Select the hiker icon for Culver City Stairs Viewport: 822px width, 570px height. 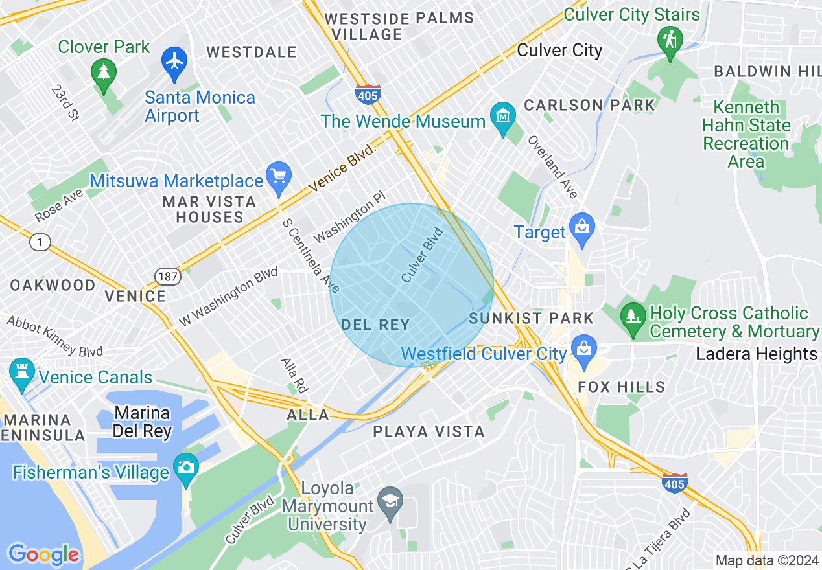(x=669, y=40)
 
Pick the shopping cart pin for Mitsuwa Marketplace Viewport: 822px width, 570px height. (x=279, y=177)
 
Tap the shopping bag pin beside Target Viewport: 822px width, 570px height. (x=581, y=229)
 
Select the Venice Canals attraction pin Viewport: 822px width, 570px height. (x=22, y=374)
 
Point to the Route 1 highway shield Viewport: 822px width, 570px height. (x=40, y=243)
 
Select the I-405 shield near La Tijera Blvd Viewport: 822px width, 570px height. (x=675, y=483)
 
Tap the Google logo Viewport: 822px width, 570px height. (x=43, y=554)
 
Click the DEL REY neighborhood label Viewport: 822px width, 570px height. (x=375, y=325)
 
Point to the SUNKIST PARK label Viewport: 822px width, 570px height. (x=531, y=318)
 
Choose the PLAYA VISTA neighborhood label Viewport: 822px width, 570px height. (x=429, y=431)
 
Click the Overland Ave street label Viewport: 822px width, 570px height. (x=552, y=167)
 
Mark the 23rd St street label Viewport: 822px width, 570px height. (x=65, y=102)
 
